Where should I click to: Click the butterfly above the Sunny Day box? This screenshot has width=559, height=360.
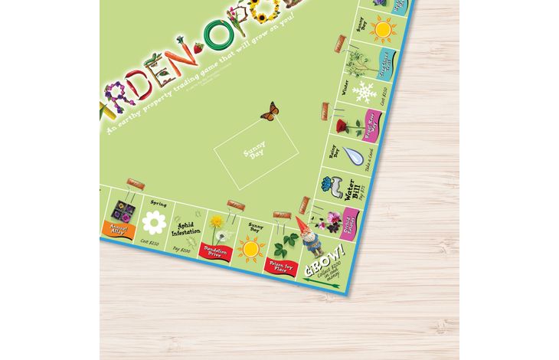click(269, 112)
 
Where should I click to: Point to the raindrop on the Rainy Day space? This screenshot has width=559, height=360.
click(349, 155)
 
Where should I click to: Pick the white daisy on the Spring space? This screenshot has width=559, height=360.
click(155, 223)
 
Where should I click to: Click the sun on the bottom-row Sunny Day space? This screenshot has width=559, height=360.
click(250, 248)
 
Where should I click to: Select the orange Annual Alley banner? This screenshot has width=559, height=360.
click(119, 229)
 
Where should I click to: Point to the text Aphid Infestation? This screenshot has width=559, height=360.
click(187, 227)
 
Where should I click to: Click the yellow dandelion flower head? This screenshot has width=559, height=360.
click(217, 221)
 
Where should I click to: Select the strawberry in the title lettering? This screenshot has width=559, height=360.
click(199, 48)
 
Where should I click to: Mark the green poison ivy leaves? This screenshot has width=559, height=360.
click(285, 244)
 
